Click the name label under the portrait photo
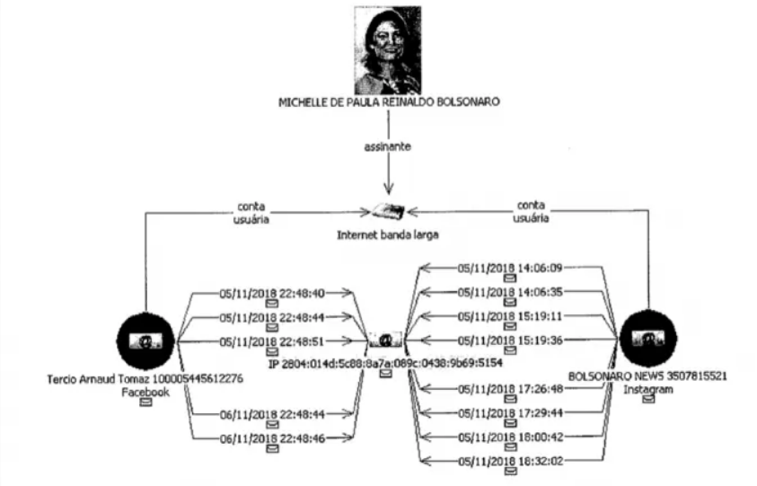388,103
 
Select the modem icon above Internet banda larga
388,212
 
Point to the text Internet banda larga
388,239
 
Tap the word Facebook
145,392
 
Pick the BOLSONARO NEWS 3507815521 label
647,377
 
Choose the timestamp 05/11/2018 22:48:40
272,292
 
